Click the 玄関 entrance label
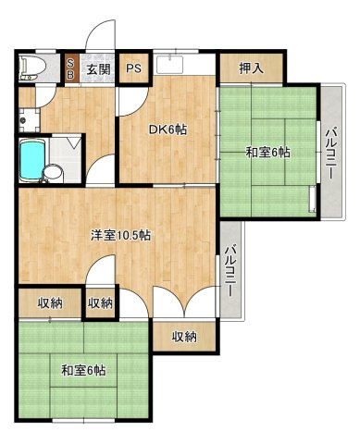pyautogui.click(x=98, y=69)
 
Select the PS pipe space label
pyautogui.click(x=134, y=69)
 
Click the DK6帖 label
pyautogui.click(x=168, y=130)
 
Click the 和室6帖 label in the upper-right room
pyautogui.click(x=267, y=152)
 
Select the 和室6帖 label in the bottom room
pyautogui.click(x=83, y=370)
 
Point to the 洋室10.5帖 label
pyautogui.click(x=120, y=234)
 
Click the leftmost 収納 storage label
pyautogui.click(x=50, y=303)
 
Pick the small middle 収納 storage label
pyautogui.click(x=100, y=303)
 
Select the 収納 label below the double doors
pyautogui.click(x=184, y=337)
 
